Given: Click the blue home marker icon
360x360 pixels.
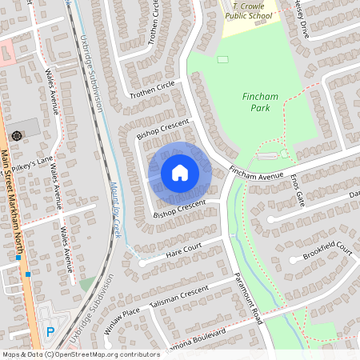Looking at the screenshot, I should pos(180,172).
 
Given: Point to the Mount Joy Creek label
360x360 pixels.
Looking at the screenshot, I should pos(114,208).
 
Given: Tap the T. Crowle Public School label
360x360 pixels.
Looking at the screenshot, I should pos(249,9).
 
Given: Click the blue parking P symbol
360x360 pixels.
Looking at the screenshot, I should pos(50,330).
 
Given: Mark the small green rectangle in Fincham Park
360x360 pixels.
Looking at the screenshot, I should pos(222,59).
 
